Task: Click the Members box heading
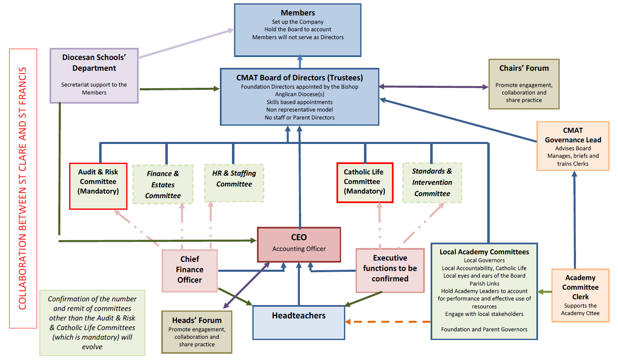(x=298, y=13)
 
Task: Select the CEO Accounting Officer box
(x=299, y=244)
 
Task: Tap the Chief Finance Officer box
(x=189, y=270)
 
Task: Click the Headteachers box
(x=299, y=322)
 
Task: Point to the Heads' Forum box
(x=197, y=332)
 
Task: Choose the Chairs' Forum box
(x=524, y=84)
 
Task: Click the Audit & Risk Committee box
(x=98, y=186)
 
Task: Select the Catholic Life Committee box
(x=365, y=182)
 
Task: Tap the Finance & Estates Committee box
(x=163, y=184)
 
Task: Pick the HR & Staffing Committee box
(x=234, y=183)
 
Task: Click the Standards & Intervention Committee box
(x=432, y=183)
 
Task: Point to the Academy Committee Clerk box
(x=580, y=295)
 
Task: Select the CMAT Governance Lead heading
(x=573, y=135)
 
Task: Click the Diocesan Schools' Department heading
(x=94, y=62)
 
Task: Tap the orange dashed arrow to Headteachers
(x=387, y=322)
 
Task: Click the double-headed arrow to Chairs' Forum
(x=433, y=87)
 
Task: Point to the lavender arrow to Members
(x=185, y=43)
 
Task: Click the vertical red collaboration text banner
(x=23, y=189)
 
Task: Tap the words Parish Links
(x=484, y=283)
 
